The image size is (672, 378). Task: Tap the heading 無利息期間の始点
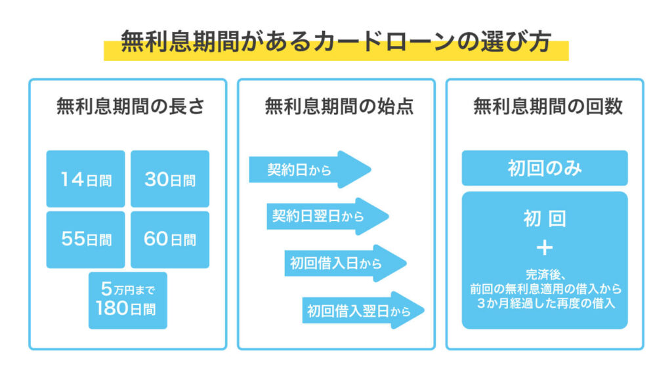click(x=336, y=107)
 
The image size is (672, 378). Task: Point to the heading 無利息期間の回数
click(x=545, y=107)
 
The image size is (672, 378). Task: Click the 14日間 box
click(x=85, y=179)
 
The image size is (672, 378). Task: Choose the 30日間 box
click(x=170, y=179)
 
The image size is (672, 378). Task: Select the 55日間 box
click(x=85, y=239)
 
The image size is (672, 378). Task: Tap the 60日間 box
click(x=170, y=239)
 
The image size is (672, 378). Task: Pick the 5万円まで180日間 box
click(x=128, y=299)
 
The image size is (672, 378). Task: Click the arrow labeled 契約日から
click(x=309, y=169)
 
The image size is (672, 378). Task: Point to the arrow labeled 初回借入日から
click(x=345, y=263)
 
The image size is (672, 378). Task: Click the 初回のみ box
click(x=545, y=168)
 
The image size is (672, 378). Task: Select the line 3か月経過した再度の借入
click(x=545, y=303)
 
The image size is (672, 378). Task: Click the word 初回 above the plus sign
click(x=545, y=219)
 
